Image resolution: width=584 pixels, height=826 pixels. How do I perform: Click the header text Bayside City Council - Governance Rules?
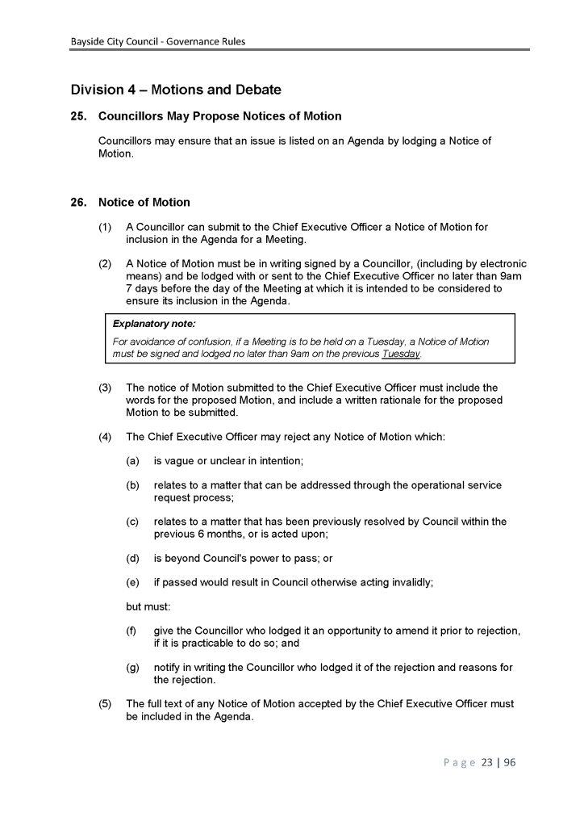157,41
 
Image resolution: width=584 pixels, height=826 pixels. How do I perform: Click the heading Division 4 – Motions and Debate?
176,89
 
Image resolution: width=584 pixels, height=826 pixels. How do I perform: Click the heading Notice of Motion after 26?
144,202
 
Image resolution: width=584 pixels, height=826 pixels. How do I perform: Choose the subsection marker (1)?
106,228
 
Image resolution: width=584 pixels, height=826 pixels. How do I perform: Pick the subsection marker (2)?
106,263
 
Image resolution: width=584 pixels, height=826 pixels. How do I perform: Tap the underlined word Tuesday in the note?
401,354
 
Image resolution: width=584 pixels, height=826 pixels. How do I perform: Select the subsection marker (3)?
106,388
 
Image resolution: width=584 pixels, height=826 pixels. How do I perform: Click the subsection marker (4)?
106,437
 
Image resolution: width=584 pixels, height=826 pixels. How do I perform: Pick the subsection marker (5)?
106,704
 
